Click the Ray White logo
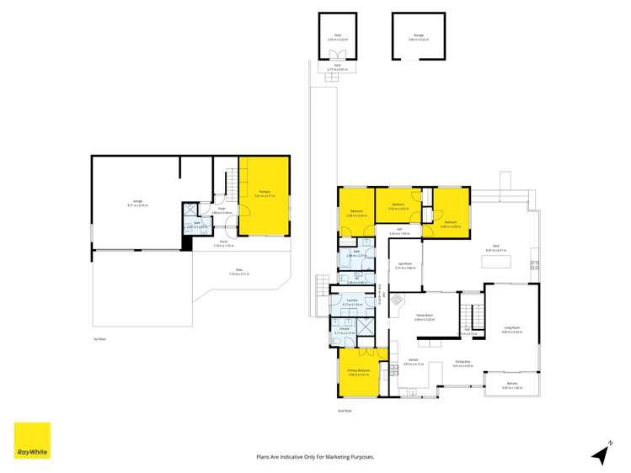32,440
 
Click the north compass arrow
601,453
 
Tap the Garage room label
137,202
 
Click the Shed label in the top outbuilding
337,36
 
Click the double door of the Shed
337,58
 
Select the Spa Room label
404,264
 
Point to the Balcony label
512,385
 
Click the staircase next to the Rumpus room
230,183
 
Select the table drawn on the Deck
495,262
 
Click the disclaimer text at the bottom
315,457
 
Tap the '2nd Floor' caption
343,410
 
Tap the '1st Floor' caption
99,339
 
